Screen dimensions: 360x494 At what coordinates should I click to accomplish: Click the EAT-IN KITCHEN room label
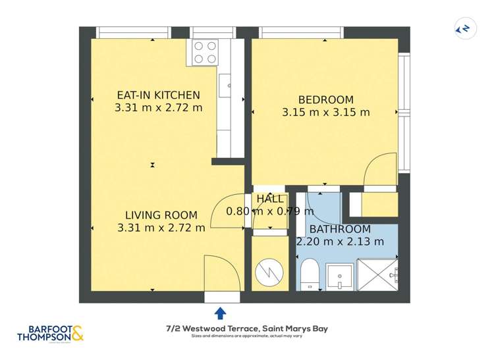pyautogui.click(x=157, y=95)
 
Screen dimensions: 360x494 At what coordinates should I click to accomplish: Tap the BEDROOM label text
pyautogui.click(x=325, y=99)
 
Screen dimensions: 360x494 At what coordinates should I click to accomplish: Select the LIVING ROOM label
pyautogui.click(x=161, y=215)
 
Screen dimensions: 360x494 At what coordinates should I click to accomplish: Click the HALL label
pyautogui.click(x=270, y=199)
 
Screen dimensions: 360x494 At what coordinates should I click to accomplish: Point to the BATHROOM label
pyautogui.click(x=340, y=229)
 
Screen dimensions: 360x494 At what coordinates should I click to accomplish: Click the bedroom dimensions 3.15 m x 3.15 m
pyautogui.click(x=325, y=113)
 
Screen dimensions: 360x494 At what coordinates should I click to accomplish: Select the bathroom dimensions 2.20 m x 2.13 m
pyautogui.click(x=340, y=242)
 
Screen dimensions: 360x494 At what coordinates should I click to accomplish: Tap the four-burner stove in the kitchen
pyautogui.click(x=206, y=52)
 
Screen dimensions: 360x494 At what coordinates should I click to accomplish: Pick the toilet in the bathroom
pyautogui.click(x=308, y=274)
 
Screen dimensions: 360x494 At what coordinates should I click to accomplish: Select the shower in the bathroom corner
pyautogui.click(x=377, y=274)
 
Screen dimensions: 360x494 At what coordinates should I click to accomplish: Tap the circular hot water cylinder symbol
pyautogui.click(x=269, y=272)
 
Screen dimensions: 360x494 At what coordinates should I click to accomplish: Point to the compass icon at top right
pyautogui.click(x=465, y=29)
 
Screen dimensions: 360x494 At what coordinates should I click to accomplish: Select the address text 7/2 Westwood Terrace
pyautogui.click(x=246, y=328)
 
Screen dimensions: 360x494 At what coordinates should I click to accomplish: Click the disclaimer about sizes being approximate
pyautogui.click(x=246, y=337)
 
